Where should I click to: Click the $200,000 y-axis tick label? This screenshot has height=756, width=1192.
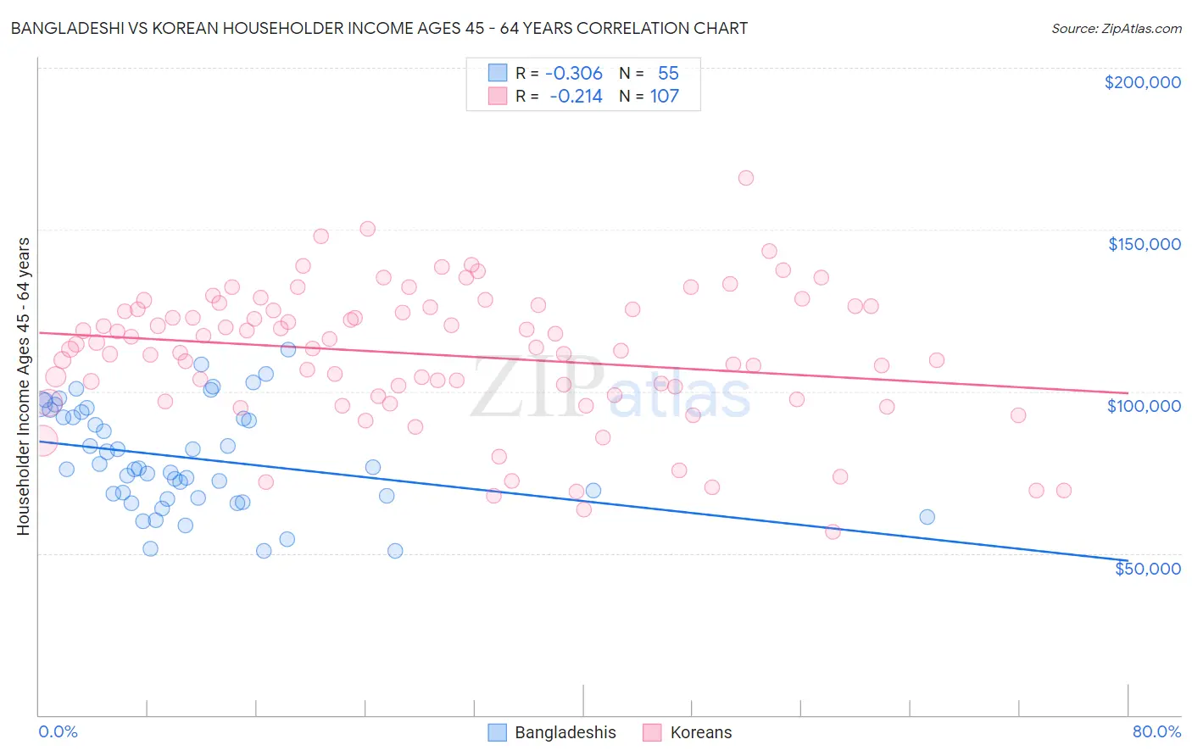point(1142,82)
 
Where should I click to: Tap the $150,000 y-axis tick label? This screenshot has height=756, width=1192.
point(1144,244)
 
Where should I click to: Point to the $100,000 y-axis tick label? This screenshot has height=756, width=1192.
point(1144,406)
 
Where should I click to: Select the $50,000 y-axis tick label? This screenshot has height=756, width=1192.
point(1147,568)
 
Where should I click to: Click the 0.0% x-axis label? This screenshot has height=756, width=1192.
point(58,731)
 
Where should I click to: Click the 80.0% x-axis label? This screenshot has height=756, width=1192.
point(1156,731)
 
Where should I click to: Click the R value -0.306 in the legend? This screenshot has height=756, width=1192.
point(573,74)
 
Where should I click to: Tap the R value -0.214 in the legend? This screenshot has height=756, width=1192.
point(576,97)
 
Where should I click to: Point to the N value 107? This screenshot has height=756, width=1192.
point(664,97)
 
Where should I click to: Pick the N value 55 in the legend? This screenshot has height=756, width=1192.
point(668,74)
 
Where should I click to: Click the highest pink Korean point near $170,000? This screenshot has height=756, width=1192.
point(746,178)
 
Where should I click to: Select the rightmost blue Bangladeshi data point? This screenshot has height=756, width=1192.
point(927,517)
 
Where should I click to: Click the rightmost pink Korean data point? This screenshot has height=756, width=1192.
point(1063,491)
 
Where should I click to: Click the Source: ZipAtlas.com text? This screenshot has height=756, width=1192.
point(1116,29)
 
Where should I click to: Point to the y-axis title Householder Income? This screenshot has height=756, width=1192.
point(23,386)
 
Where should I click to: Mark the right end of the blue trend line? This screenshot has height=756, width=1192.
point(1128,560)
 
